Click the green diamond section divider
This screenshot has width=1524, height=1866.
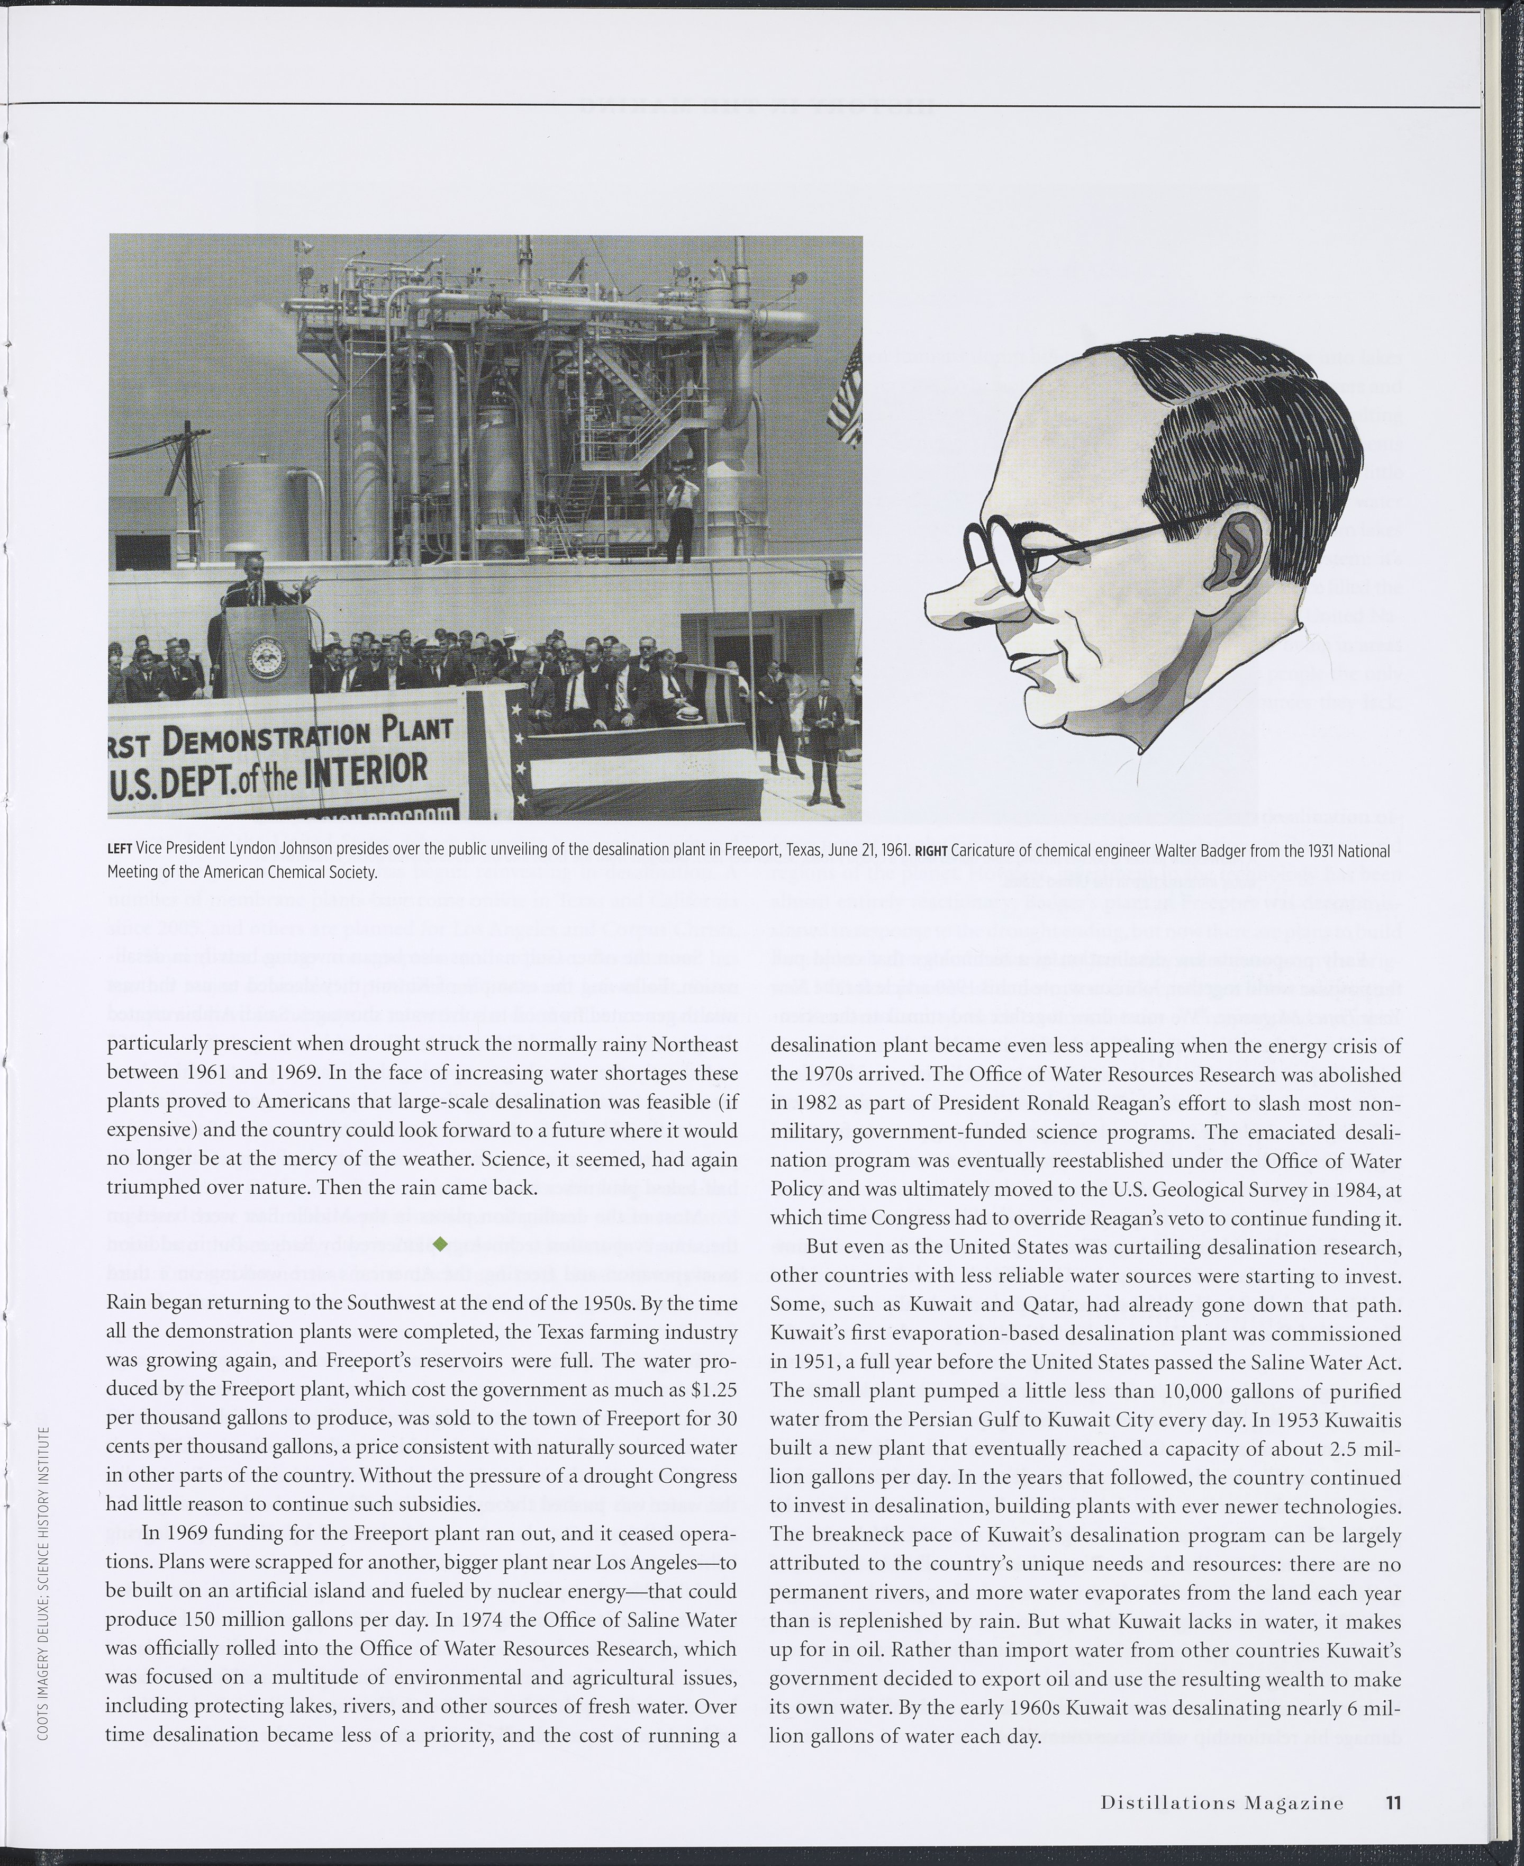click(441, 1242)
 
